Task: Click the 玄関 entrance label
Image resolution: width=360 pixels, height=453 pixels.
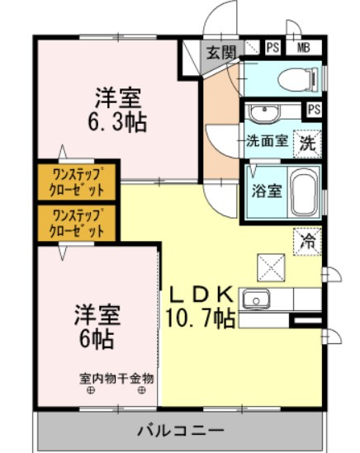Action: pos(221,53)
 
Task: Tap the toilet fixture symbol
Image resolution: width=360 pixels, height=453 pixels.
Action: pos(298,78)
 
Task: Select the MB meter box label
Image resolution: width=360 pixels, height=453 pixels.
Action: pos(303,47)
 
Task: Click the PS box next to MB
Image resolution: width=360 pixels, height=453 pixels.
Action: pos(272,47)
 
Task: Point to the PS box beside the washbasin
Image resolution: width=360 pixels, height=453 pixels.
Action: pos(314,110)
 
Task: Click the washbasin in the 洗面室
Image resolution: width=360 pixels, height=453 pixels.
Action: pos(265,113)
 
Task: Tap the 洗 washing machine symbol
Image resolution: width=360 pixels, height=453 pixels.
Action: pos(307,144)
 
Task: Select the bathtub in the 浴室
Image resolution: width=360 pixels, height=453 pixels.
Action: pos(305,191)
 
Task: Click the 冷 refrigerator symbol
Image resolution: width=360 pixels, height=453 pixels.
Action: pos(308,242)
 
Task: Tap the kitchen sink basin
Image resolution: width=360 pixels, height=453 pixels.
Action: pos(256,300)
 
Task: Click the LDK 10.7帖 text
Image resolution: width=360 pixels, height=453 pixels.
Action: pos(200,306)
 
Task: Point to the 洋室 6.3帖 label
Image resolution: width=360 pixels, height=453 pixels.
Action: pos(118,110)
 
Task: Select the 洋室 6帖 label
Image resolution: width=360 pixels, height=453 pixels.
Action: pos(97,326)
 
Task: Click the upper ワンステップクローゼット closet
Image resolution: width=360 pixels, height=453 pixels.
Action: pos(77,182)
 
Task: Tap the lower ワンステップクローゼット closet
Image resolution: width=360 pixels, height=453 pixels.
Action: pos(77,223)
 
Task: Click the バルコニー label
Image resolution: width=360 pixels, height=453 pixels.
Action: pos(181,432)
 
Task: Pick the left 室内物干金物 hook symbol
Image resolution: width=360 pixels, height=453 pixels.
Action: pos(91,390)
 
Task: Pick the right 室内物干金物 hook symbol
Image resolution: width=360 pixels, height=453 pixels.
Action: pos(141,390)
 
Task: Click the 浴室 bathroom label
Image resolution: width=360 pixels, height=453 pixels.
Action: pos(267,191)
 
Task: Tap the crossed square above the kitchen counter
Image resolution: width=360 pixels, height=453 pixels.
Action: pos(271,268)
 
